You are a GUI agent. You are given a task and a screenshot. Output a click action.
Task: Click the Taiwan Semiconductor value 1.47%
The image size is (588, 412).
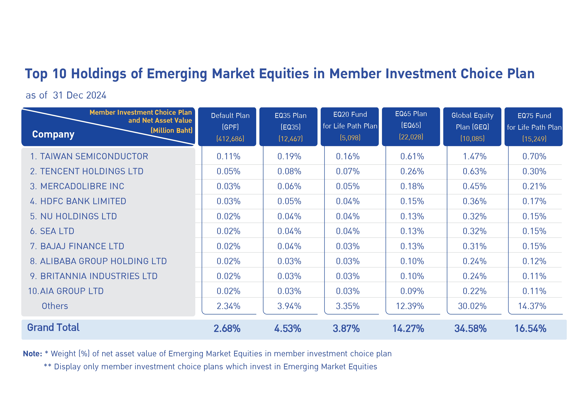474,156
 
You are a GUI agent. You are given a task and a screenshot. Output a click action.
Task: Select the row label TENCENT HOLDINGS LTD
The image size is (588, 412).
87,171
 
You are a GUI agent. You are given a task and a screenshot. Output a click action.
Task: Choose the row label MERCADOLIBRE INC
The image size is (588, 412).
77,186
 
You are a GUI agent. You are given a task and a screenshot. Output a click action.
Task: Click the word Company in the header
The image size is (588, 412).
53,134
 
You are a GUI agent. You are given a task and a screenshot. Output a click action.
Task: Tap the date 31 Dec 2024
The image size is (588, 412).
79,95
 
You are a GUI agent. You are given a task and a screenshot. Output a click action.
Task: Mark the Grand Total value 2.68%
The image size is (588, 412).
227,328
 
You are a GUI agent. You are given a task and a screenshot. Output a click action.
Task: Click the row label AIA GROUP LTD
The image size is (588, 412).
66,291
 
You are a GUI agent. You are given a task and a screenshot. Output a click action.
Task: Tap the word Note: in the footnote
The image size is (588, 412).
33,354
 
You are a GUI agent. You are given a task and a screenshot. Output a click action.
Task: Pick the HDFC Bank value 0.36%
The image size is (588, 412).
474,201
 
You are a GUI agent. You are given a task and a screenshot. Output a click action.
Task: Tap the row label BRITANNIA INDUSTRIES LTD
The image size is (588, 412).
94,276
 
